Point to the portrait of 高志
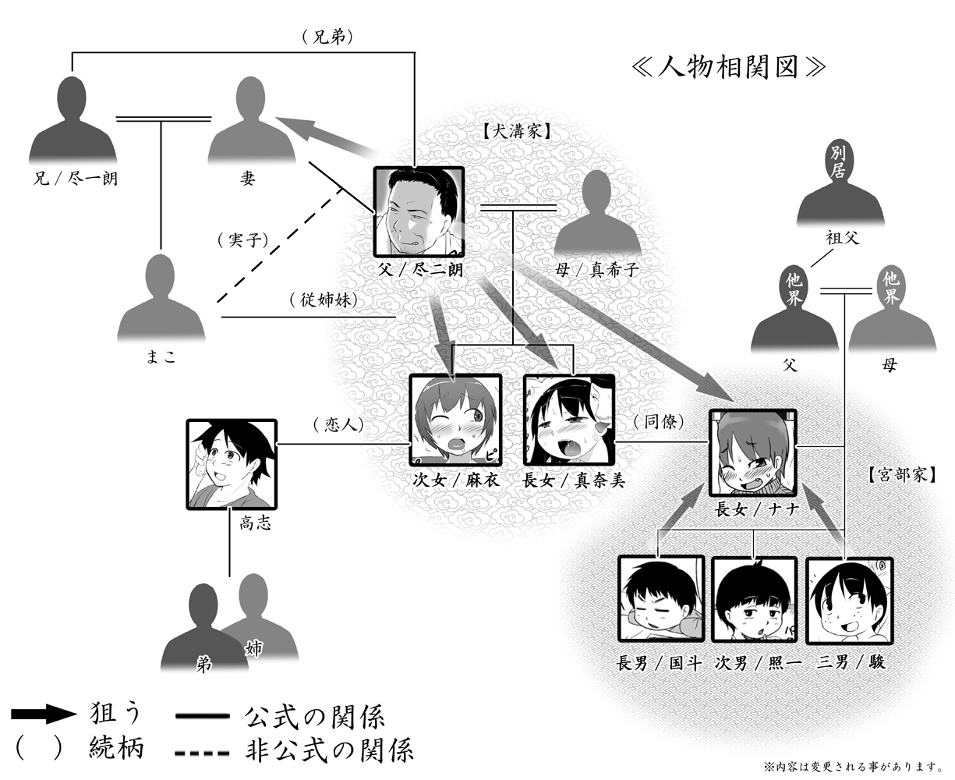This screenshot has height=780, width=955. click(x=232, y=464)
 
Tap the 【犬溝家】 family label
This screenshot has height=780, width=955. click(x=515, y=133)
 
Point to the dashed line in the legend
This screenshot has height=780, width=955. click(x=202, y=753)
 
